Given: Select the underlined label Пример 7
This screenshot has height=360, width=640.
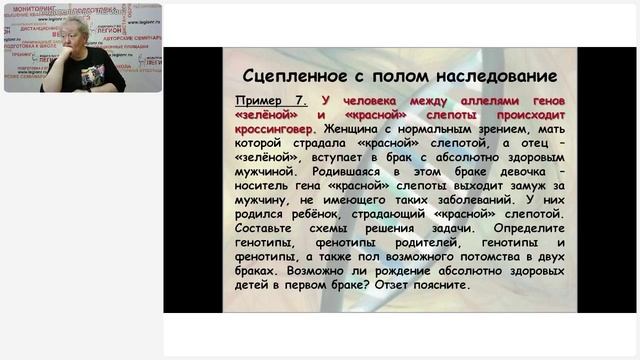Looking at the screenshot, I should pos(267,102).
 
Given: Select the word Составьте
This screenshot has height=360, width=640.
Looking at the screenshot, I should pos(266,228).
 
